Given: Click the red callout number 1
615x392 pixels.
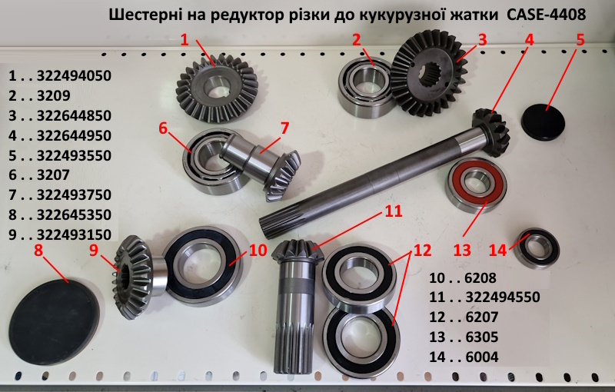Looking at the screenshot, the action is click(x=184, y=39).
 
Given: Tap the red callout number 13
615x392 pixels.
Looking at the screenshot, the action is click(x=462, y=250).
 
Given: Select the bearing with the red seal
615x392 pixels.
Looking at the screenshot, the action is click(x=477, y=185).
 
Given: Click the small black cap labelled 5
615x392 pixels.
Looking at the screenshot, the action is click(x=543, y=121).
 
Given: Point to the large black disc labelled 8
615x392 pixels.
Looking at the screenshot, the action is click(x=54, y=317).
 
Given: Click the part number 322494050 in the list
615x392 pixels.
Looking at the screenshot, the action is click(x=74, y=75).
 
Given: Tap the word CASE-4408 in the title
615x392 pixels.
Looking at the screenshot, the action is click(x=547, y=15).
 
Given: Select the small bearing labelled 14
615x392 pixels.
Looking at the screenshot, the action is click(x=537, y=248).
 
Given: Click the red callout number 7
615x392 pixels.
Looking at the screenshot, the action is click(x=284, y=128).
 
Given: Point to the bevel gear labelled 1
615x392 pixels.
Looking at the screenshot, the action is click(x=217, y=93).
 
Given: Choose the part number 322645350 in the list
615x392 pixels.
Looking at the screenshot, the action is click(x=74, y=214).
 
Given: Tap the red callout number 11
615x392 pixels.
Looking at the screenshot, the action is click(x=394, y=211).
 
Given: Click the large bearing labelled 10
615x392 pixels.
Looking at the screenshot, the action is click(x=201, y=266).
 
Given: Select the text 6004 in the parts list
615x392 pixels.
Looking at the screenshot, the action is click(x=482, y=357).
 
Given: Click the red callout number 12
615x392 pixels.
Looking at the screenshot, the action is click(x=422, y=250).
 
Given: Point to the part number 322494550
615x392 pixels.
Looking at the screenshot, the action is click(x=503, y=297).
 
